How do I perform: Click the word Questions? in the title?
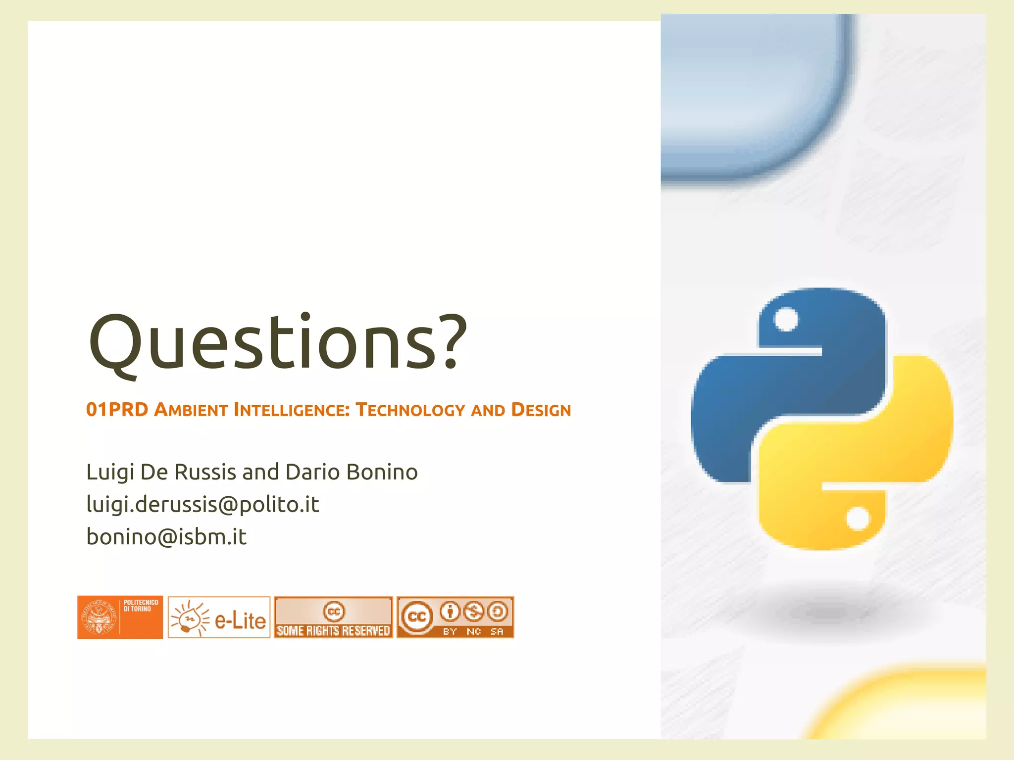(277, 342)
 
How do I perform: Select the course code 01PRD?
(117, 410)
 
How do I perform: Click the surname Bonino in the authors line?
(382, 472)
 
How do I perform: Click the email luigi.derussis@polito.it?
(203, 505)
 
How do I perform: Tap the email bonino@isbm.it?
(166, 537)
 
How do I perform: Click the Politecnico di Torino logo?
(120, 617)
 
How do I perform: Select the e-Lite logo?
(219, 617)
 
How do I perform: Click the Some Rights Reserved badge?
(333, 617)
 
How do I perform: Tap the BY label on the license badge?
(450, 631)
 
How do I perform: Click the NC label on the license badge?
(474, 631)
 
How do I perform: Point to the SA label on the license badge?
(497, 631)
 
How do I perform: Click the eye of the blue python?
(786, 319)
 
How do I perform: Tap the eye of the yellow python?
(858, 519)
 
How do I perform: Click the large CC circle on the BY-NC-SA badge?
(417, 617)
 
